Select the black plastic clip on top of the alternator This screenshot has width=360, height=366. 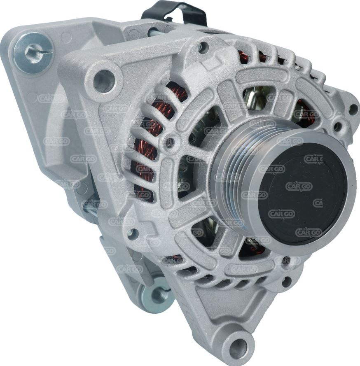click(174, 14)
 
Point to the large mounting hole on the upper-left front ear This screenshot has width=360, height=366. click(104, 81)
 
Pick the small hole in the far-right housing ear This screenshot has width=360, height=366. click(354, 109)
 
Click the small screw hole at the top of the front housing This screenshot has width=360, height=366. click(203, 46)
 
